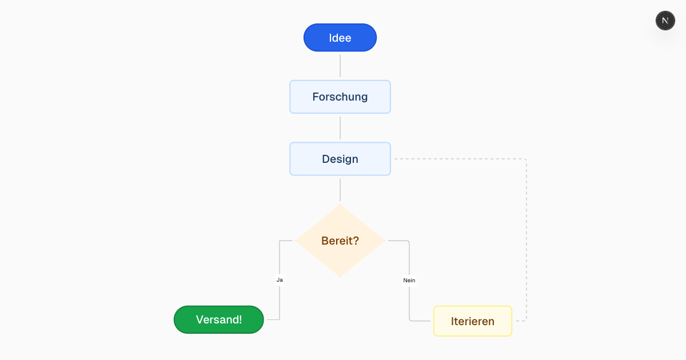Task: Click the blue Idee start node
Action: [340, 38]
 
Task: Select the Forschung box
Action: [340, 97]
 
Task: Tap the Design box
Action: [340, 159]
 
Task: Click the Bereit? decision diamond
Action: [340, 241]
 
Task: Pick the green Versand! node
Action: [218, 319]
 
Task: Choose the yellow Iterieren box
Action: [472, 321]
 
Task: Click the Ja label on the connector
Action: [280, 280]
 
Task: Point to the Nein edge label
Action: [409, 280]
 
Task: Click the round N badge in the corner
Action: [665, 21]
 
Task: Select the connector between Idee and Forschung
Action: [340, 66]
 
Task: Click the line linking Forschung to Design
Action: [340, 128]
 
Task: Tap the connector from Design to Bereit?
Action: [340, 190]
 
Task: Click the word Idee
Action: [340, 38]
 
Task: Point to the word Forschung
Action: [340, 97]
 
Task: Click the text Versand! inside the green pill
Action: [218, 320]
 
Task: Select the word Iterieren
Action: [472, 322]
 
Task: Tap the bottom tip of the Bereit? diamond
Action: [340, 276]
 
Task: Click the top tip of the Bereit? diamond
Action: [340, 205]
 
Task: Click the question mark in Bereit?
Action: [356, 241]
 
